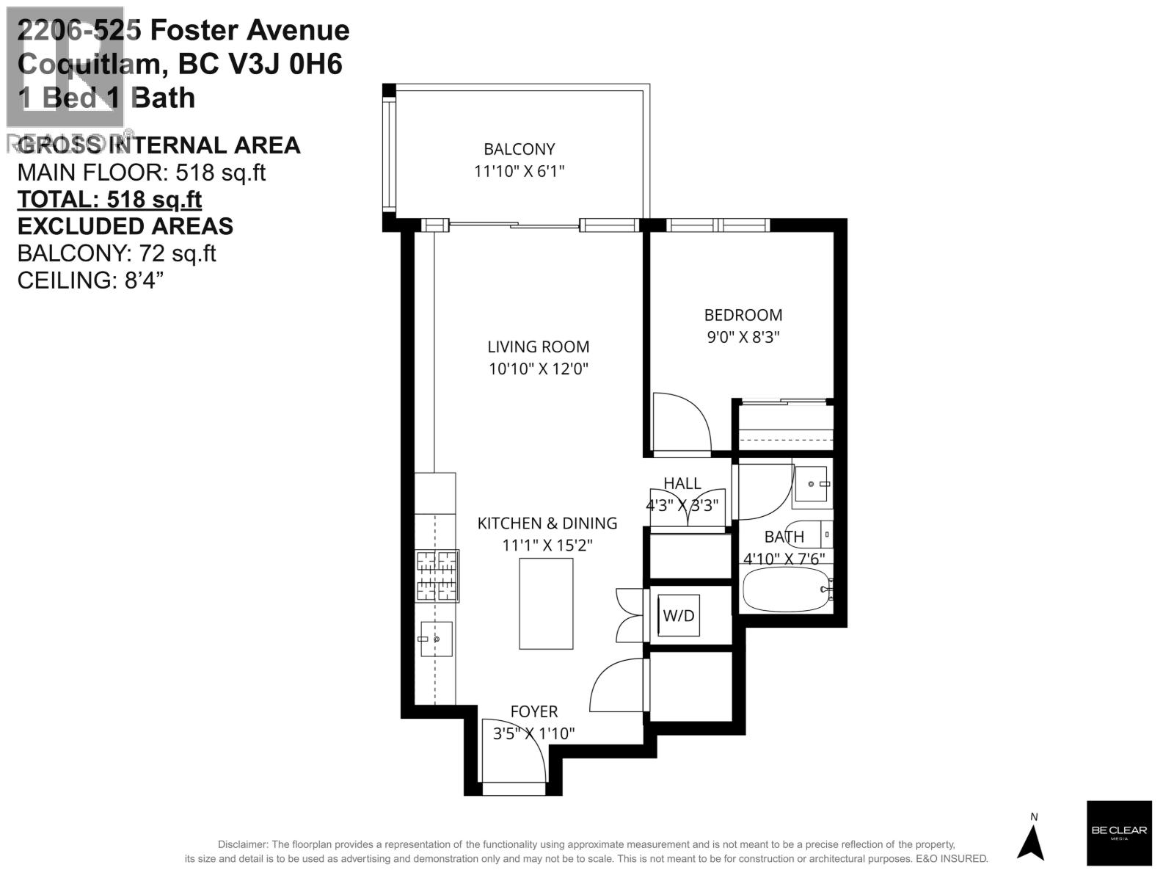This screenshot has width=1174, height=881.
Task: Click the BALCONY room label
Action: (519, 149)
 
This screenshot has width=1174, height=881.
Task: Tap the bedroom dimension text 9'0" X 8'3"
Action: (743, 337)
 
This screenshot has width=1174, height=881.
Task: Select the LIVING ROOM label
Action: (538, 347)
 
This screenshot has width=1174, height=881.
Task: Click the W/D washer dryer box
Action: (679, 615)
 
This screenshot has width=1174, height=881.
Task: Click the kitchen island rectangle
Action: (546, 603)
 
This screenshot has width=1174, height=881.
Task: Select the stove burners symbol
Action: (437, 576)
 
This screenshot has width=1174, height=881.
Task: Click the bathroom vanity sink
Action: (812, 484)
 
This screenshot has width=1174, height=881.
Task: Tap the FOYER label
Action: (534, 711)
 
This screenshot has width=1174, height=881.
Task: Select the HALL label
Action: (682, 483)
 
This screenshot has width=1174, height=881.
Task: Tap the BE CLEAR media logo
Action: (1118, 833)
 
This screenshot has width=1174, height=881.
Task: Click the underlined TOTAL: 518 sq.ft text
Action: (109, 199)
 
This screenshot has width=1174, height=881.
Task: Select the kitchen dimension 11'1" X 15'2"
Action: (547, 545)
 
